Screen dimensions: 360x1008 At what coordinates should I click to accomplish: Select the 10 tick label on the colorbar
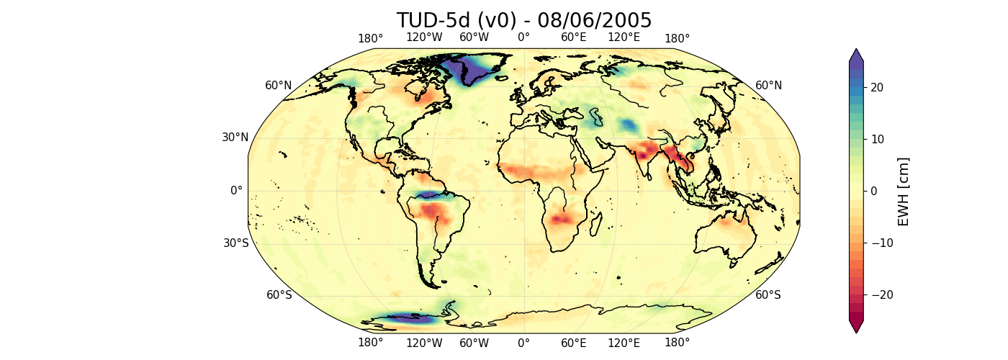pos(876,139)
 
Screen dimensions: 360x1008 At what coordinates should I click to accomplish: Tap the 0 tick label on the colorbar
pos(873,191)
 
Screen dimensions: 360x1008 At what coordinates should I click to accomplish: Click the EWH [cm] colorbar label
pos(904,191)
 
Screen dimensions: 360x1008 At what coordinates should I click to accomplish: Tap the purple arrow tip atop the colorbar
pos(855,54)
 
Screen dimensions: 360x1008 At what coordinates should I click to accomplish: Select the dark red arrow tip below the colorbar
pos(855,328)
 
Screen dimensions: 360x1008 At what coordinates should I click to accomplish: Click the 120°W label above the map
pos(423,37)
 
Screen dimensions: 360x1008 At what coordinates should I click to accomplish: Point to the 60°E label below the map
pos(574,343)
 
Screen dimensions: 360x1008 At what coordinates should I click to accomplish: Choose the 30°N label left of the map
pos(235,138)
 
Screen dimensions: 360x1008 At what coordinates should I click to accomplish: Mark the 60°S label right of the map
pos(768,294)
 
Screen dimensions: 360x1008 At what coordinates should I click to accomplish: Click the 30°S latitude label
pos(235,243)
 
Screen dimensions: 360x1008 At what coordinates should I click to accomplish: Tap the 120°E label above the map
pos(624,37)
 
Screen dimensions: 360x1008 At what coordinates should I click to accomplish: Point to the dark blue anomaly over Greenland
pos(472,66)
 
